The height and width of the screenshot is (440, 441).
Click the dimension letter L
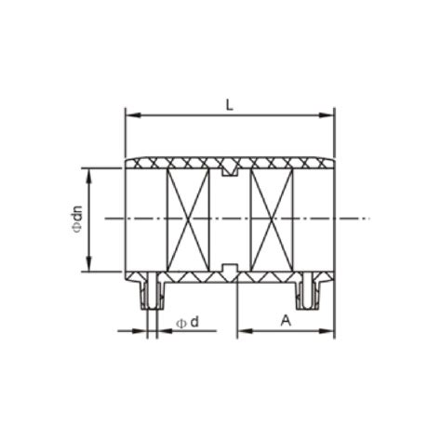230,104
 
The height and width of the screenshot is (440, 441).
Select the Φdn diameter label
77,220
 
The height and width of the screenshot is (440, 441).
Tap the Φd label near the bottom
186,322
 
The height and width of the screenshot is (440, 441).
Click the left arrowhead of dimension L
130,115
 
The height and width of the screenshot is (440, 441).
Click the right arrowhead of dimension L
329,115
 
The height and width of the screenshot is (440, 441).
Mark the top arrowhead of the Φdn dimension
89,172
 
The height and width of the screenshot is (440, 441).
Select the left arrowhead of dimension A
242,330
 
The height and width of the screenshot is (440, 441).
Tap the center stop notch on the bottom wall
230,269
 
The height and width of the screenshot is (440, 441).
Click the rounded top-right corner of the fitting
330,161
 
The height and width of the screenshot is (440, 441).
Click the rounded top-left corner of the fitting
128,161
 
